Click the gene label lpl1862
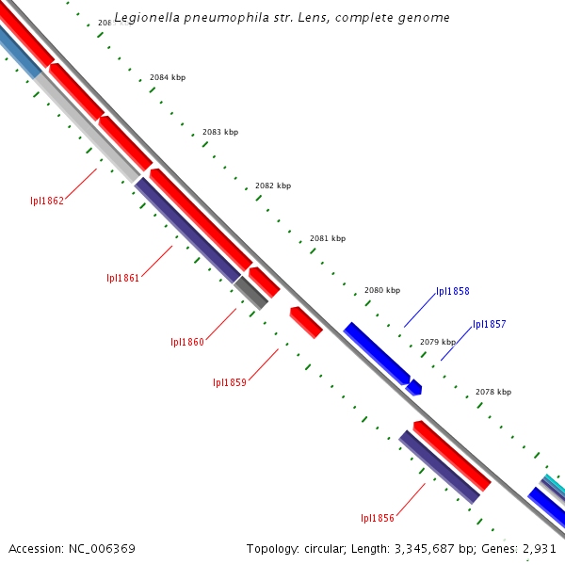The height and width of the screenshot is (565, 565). pos(46,201)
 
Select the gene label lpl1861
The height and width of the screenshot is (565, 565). pos(122,278)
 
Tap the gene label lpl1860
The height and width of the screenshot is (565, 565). pos(186,342)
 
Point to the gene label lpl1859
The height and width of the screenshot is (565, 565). pos(230,382)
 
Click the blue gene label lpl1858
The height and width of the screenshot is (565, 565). pos(452,292)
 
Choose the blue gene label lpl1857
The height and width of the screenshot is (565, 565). pos(489,325)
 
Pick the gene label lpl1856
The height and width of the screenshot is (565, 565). pos(377,518)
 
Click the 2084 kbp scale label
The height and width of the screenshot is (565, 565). pos(168,77)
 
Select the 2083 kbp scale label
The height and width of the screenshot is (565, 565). pos(220,132)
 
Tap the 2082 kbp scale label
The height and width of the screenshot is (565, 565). pos(273,186)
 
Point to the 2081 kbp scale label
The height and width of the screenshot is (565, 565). pos(328,238)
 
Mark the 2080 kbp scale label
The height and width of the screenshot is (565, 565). pos(382,290)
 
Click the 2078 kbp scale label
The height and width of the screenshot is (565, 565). pos(493,392)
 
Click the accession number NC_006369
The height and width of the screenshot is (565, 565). pos(99,548)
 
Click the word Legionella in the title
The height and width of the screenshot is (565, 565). pos(146,18)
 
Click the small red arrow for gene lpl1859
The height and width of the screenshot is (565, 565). pos(306,322)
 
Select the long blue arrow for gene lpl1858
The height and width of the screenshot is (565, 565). pos(376,353)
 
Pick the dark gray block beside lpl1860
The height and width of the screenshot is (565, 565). pos(251,293)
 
